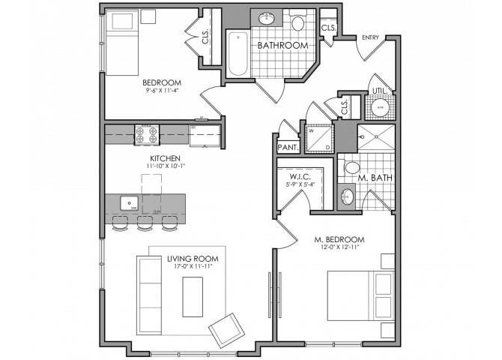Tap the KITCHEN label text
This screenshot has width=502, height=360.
coord(163,158)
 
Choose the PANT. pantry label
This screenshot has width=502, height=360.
coord(288,147)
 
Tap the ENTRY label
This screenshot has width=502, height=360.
coord(370,37)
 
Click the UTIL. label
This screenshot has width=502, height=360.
coord(380,91)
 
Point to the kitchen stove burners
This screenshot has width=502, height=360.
coord(147,134)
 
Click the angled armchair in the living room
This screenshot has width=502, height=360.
coord(226,330)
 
